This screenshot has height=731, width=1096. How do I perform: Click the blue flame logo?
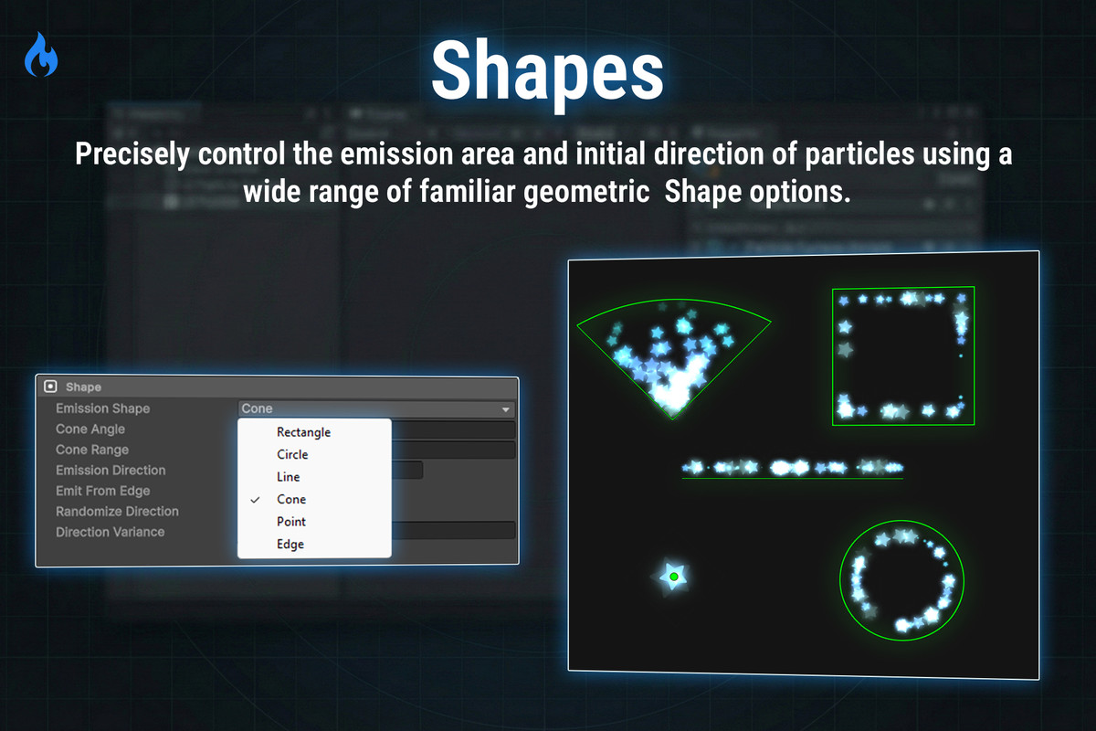pyautogui.click(x=41, y=56)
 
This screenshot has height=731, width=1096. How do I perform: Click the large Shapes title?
pyautogui.click(x=547, y=70)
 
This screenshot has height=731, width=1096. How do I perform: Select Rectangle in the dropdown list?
pyautogui.click(x=303, y=432)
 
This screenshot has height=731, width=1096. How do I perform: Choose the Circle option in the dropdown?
pyautogui.click(x=292, y=454)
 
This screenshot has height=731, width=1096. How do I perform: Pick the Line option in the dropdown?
pyautogui.click(x=288, y=477)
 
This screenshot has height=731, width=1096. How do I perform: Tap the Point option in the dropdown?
pyautogui.click(x=291, y=522)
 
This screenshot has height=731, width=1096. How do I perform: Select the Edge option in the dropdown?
pyautogui.click(x=290, y=544)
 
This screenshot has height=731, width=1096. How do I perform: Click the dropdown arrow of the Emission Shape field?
pyautogui.click(x=505, y=409)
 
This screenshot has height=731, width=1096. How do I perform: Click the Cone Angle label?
pyautogui.click(x=90, y=429)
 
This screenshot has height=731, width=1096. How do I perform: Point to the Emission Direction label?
pyautogui.click(x=111, y=470)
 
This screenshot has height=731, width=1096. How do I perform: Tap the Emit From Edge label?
pyautogui.click(x=102, y=491)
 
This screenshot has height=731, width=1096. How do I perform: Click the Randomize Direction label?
pyautogui.click(x=117, y=511)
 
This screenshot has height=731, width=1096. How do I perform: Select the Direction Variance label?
pyautogui.click(x=110, y=532)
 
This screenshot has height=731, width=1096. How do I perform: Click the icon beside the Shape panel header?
pyautogui.click(x=50, y=387)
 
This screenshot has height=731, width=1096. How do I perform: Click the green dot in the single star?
pyautogui.click(x=673, y=577)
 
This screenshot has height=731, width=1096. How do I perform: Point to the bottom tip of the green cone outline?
pyautogui.click(x=671, y=418)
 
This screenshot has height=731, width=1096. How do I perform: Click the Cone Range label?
pyautogui.click(x=92, y=450)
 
